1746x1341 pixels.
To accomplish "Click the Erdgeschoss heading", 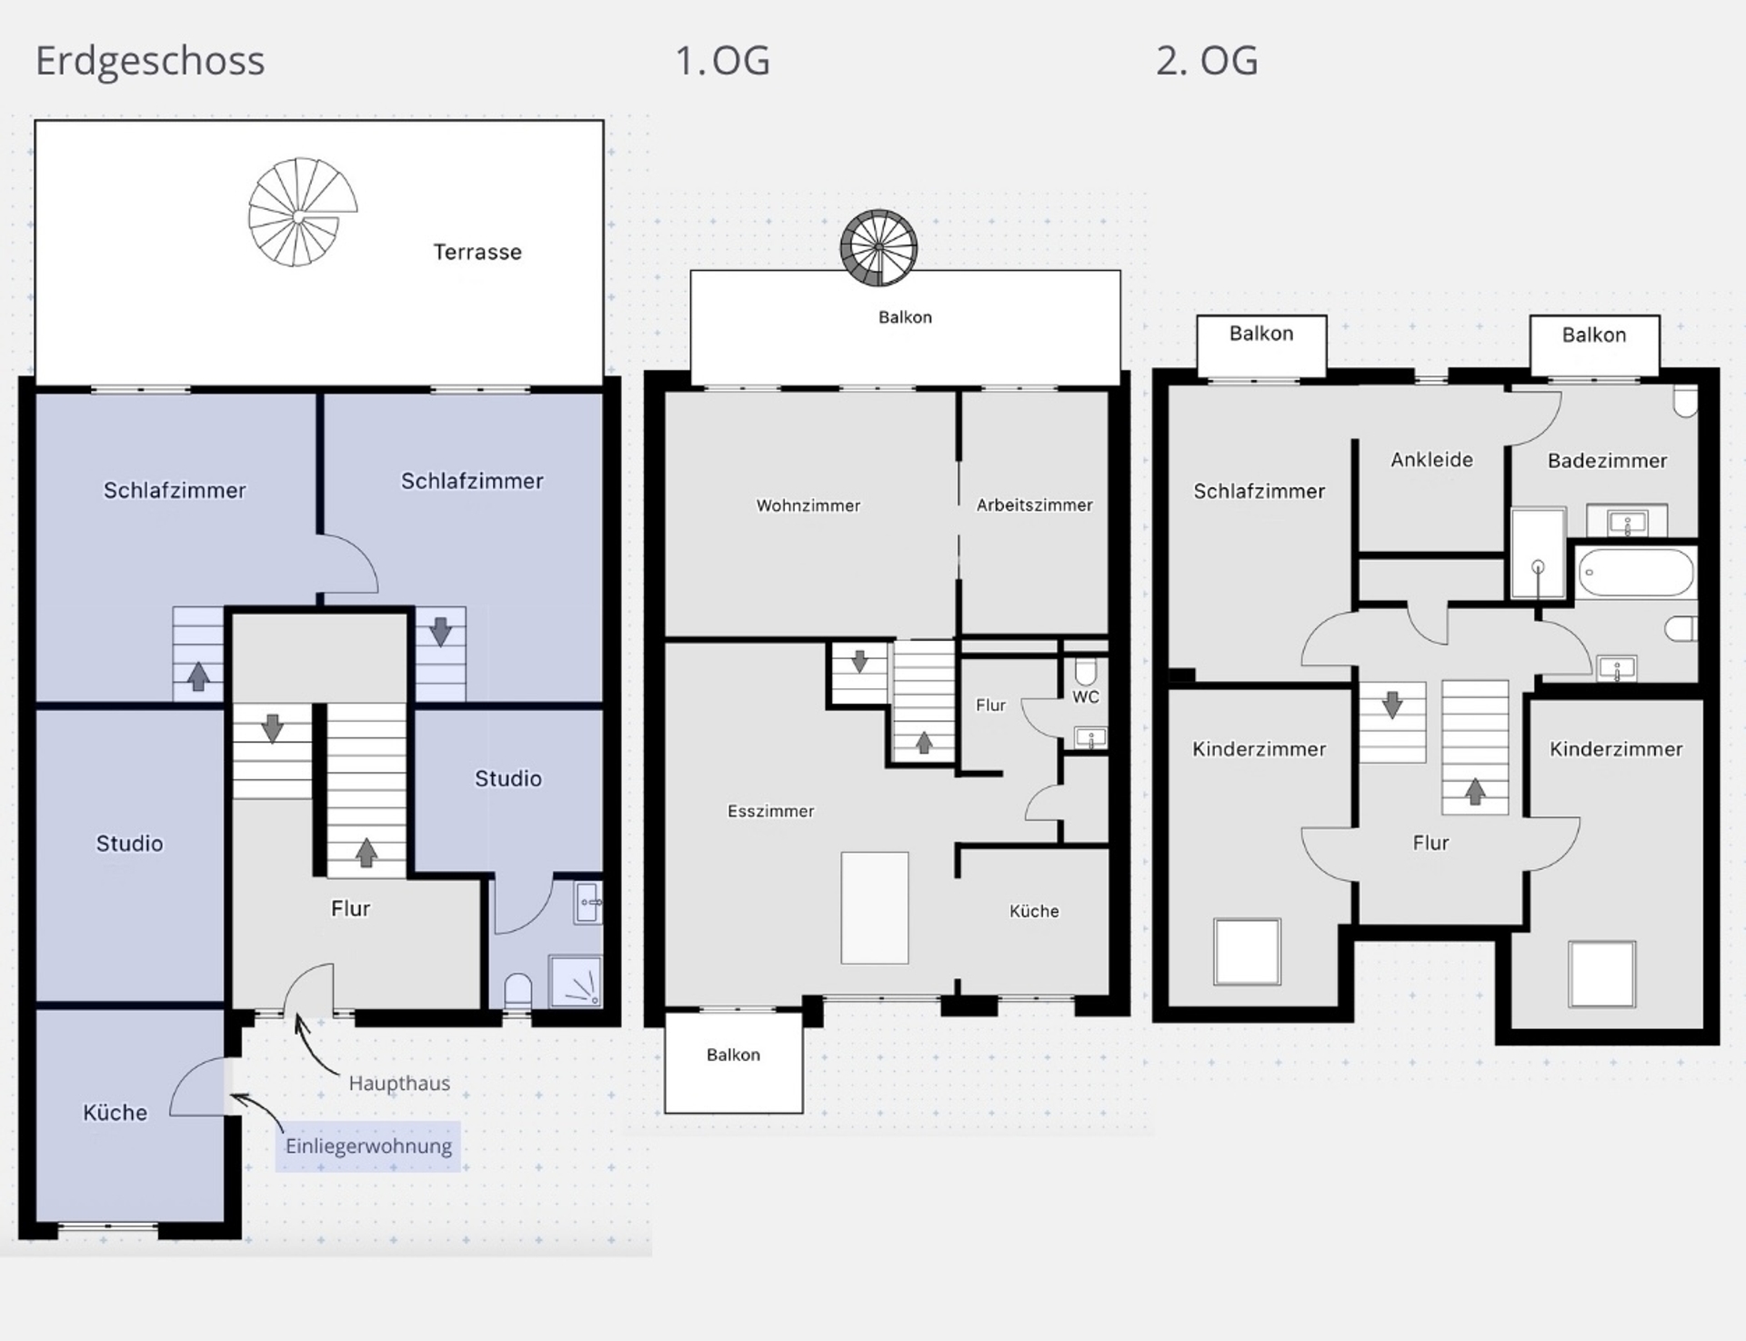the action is (150, 62).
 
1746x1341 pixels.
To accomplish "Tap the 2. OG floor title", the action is (1207, 61).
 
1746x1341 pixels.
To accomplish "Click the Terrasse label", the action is (477, 252).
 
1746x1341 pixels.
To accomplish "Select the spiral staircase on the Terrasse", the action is (303, 212).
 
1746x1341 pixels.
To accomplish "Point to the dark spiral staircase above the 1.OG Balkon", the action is (878, 247).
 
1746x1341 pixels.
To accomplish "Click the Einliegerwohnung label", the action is (368, 1146).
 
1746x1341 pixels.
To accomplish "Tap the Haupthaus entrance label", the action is (399, 1083).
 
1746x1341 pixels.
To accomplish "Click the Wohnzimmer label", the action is (808, 505).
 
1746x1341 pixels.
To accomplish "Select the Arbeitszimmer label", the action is (1035, 505).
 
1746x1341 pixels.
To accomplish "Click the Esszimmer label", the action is (771, 811).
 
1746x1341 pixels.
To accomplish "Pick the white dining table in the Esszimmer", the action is (875, 907).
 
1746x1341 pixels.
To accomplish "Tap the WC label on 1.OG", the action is (1086, 697).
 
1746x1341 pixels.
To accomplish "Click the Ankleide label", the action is (1432, 460).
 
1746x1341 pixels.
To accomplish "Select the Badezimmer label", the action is (1608, 461).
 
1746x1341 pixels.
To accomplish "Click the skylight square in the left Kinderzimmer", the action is (1247, 952).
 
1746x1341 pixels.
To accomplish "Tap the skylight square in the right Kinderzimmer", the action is (1602, 975).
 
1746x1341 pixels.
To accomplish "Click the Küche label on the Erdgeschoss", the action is (115, 1113).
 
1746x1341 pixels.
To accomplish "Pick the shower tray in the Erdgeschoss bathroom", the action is (575, 981).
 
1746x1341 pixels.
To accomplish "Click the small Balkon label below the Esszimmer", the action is (733, 1055).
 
